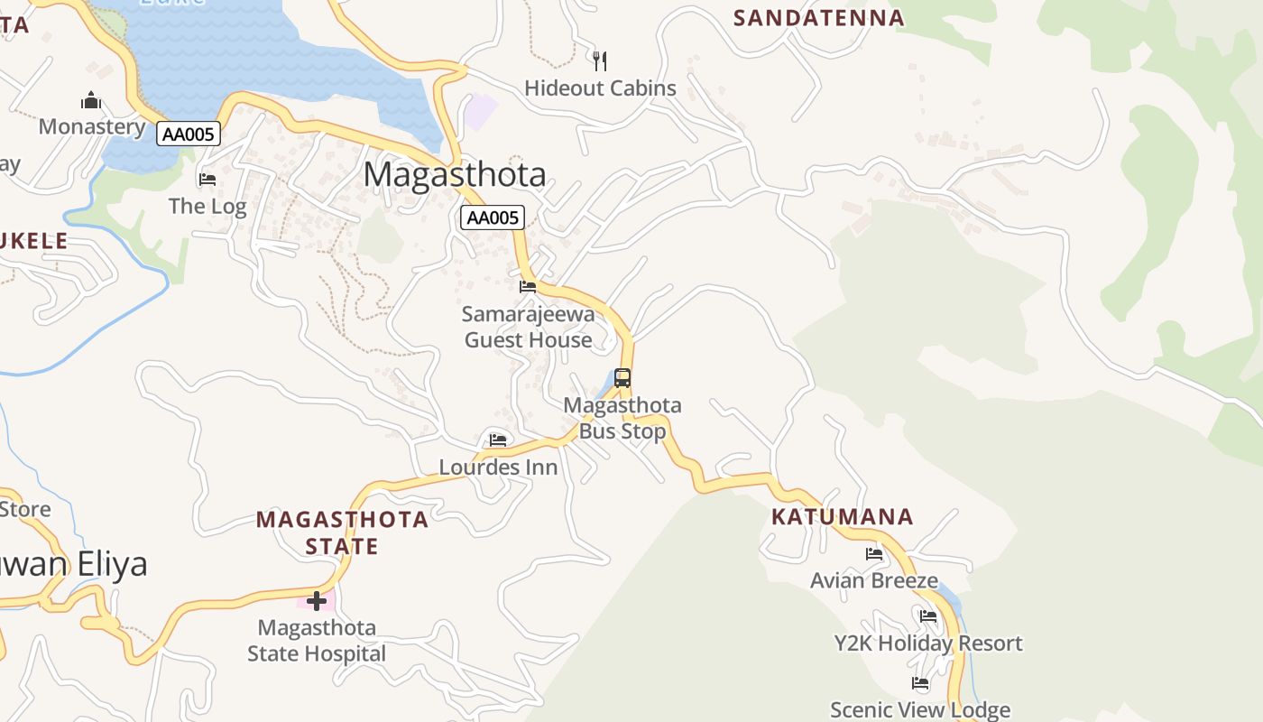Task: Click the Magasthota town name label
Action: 455,174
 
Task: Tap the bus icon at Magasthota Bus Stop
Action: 622,378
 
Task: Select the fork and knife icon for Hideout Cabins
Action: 600,60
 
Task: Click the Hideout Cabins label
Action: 600,88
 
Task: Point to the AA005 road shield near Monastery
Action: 188,134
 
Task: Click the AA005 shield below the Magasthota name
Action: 492,218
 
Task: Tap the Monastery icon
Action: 91,99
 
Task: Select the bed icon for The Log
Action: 207,179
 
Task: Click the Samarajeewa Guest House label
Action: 528,327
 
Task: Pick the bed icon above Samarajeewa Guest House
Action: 528,287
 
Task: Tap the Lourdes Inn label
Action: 498,467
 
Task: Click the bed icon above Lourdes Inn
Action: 498,440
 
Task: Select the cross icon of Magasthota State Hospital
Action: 317,600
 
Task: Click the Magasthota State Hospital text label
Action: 317,640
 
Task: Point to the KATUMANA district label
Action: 842,517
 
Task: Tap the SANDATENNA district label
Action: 818,18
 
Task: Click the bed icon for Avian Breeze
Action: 873,553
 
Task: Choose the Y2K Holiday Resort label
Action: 927,643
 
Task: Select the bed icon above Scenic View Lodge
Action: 920,683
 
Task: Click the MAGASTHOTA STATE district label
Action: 342,532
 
